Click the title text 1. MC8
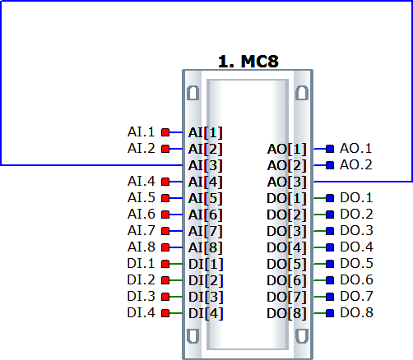pyautogui.click(x=248, y=62)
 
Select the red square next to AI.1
pyautogui.click(x=165, y=132)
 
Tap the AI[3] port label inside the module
pyautogui.click(x=205, y=165)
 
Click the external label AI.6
pyautogui.click(x=142, y=215)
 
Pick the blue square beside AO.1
pyautogui.click(x=330, y=149)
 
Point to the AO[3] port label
pyautogui.click(x=286, y=182)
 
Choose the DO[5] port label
pyautogui.click(x=286, y=264)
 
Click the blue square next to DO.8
pyautogui.click(x=330, y=313)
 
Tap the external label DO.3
pyautogui.click(x=356, y=231)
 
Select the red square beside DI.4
pyautogui.click(x=165, y=313)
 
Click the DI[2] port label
pyautogui.click(x=206, y=280)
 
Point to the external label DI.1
pyautogui.click(x=142, y=264)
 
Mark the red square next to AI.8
pyautogui.click(x=165, y=247)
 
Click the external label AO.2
pyautogui.click(x=356, y=165)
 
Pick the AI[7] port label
pyautogui.click(x=205, y=231)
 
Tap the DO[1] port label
pyautogui.click(x=286, y=198)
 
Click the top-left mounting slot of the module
pyautogui.click(x=193, y=93)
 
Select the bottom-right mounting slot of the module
pyautogui.click(x=302, y=336)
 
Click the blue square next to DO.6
pyautogui.click(x=330, y=280)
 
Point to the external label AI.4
pyautogui.click(x=142, y=182)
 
